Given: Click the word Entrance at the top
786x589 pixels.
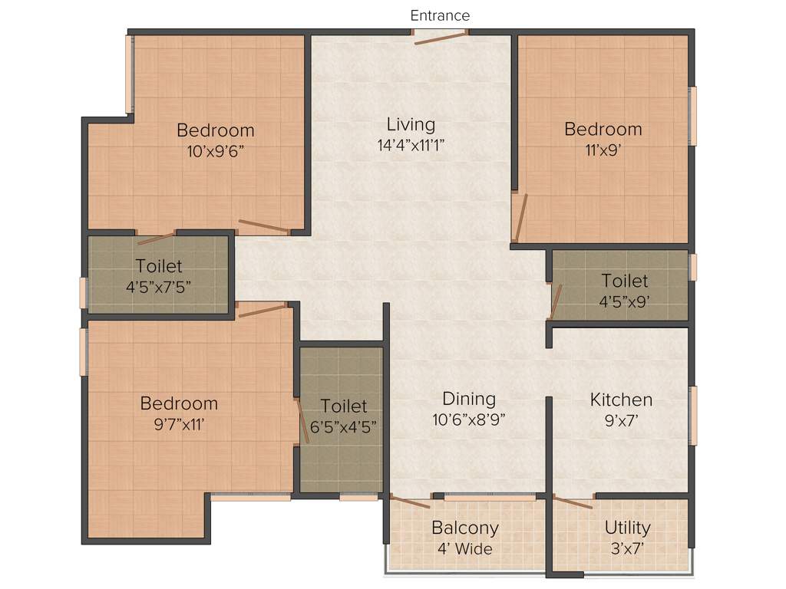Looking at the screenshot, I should click(x=440, y=15).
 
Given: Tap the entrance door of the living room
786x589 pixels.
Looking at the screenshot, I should click(x=440, y=37).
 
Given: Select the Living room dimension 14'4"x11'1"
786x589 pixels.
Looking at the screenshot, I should click(x=411, y=146).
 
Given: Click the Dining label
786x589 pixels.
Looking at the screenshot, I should click(x=469, y=399).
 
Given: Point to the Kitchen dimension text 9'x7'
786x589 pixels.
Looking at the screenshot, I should click(x=621, y=420).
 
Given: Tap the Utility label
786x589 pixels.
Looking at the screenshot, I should click(x=627, y=528).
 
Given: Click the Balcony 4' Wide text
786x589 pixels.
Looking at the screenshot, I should click(x=464, y=548).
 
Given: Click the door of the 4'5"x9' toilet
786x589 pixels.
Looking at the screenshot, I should click(x=556, y=301).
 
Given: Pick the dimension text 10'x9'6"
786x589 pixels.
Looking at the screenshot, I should click(x=215, y=150).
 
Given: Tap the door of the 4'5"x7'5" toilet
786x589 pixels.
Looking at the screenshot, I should click(x=156, y=238).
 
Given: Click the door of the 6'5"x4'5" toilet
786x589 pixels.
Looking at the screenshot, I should click(x=302, y=420).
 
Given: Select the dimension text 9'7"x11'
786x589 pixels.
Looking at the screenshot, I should click(x=179, y=424).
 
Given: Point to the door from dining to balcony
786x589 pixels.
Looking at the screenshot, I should click(x=410, y=502).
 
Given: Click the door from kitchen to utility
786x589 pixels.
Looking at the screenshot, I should click(x=573, y=502).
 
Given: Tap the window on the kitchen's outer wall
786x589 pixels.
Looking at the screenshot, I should click(x=693, y=415).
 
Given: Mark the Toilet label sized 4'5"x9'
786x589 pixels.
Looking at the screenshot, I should click(x=624, y=281).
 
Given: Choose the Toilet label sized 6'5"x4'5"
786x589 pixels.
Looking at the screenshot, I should click(x=344, y=406).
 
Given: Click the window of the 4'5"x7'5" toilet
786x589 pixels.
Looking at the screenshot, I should click(x=84, y=292).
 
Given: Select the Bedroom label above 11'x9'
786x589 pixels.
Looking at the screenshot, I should click(x=603, y=129).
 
